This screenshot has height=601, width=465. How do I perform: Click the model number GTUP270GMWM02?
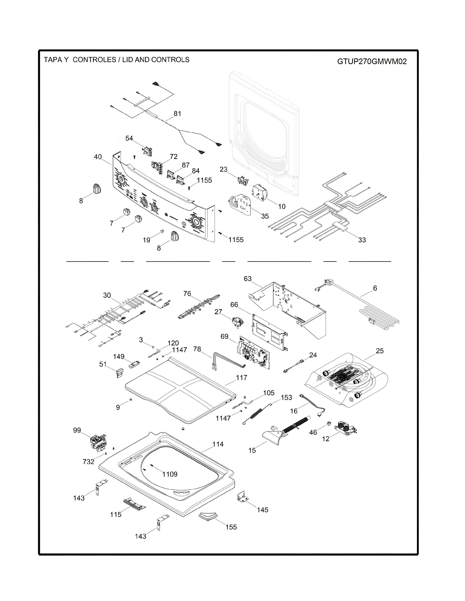coord(372,61)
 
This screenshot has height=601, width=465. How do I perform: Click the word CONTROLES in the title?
coord(94,60)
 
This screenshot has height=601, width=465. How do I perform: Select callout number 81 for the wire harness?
coord(177,113)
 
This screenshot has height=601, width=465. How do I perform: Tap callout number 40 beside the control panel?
coord(98,157)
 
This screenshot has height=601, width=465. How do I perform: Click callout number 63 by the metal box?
coord(248,279)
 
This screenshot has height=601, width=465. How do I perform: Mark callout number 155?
coord(231,527)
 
